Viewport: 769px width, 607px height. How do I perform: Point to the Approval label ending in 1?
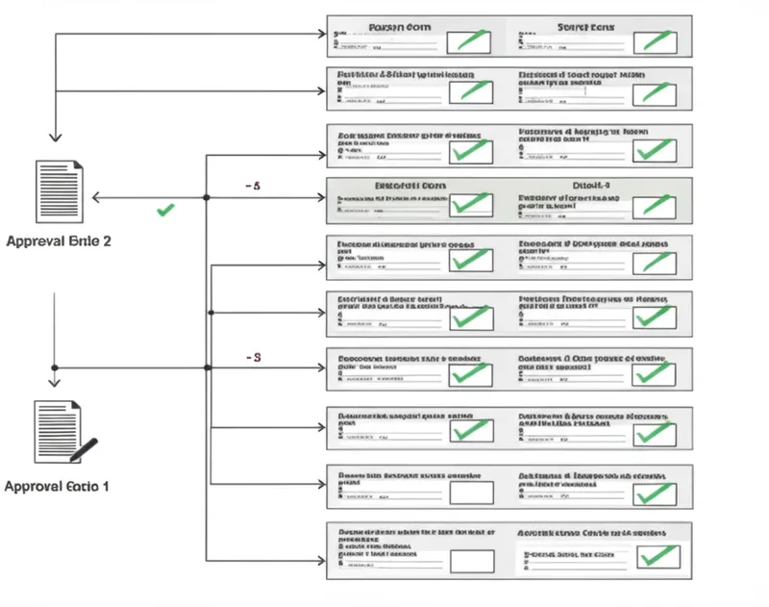57,487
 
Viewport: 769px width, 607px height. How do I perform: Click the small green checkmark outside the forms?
165,209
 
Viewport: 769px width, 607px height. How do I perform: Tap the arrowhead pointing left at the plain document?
96,197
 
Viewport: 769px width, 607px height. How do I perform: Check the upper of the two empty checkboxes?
471,493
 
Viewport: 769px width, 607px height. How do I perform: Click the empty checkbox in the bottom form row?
471,560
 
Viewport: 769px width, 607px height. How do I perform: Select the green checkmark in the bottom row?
657,556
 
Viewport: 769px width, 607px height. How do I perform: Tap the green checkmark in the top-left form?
471,41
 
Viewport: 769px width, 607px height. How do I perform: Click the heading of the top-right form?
585,28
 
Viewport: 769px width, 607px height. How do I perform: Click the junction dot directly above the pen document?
55,367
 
